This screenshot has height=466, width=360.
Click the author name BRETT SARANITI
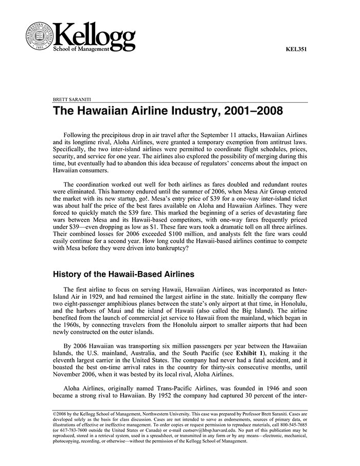(74, 99)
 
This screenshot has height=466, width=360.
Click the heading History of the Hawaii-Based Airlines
(123, 274)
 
